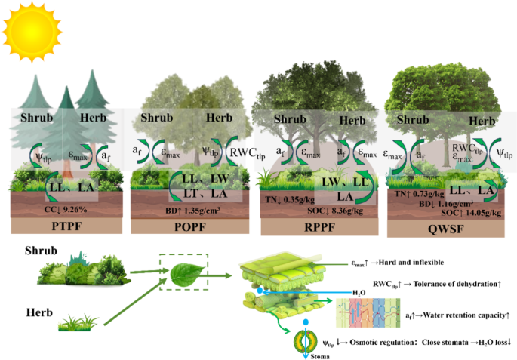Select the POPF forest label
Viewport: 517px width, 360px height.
194,224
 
